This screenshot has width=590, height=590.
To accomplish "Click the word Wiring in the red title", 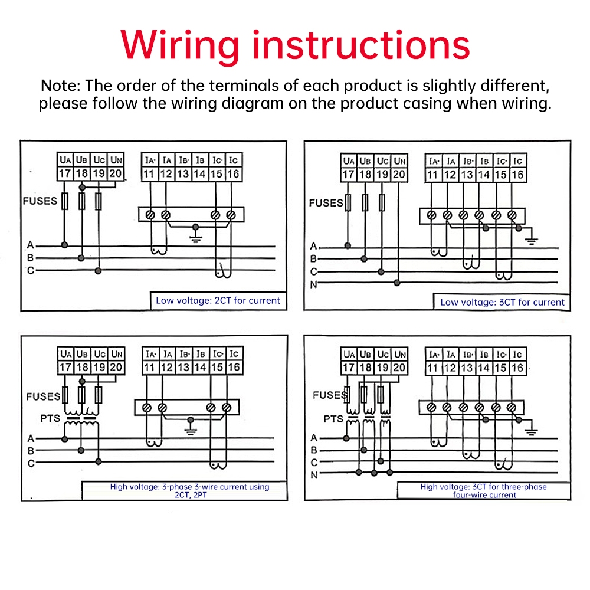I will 180,45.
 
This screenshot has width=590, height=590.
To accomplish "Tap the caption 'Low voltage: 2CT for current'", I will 218,300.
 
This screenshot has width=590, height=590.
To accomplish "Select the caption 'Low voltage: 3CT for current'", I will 502,302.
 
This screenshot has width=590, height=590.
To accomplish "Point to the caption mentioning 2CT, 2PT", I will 189,491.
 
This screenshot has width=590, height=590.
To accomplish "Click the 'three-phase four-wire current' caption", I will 483,491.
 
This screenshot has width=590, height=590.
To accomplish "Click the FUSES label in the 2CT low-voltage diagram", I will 40,201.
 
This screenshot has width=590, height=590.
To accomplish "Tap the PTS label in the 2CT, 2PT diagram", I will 50,418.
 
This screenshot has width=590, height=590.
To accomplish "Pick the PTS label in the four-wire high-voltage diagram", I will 333,419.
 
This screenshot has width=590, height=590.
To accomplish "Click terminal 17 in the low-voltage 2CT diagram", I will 65,173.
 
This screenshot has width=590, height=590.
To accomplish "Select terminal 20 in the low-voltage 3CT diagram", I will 399,175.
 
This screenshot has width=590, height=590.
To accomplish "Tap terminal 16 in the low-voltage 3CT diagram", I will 517,175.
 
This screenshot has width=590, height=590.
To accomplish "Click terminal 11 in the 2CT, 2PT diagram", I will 149,368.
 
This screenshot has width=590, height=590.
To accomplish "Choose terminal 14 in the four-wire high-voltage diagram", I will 484,368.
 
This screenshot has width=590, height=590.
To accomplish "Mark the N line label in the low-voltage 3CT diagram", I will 314,285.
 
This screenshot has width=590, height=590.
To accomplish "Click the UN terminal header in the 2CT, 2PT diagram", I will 116,354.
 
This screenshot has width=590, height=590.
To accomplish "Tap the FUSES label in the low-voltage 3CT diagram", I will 326,203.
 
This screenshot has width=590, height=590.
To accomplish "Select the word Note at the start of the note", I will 59,85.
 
